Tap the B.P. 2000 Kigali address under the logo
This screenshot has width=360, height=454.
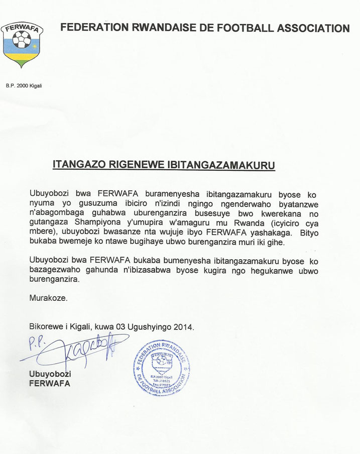[x=24, y=86]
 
